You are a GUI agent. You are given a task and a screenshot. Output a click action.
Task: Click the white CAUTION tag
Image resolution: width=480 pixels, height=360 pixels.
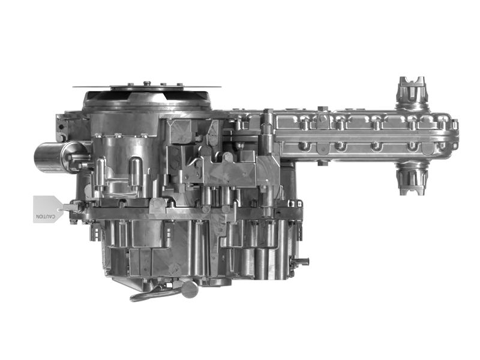coord(46,209)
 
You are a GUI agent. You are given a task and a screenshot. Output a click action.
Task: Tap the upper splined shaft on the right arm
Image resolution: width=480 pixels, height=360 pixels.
coord(412,93)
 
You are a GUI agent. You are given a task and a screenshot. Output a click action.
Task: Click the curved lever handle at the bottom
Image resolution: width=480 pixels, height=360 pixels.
coord(150,293)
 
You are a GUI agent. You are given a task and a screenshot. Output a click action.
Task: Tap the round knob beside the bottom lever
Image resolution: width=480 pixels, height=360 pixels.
coord(190,289)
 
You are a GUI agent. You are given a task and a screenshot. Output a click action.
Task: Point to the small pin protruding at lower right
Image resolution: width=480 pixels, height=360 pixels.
coord(302,261)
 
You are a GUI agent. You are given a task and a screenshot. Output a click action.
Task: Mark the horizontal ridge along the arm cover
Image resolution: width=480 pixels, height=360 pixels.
coord(360,136)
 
